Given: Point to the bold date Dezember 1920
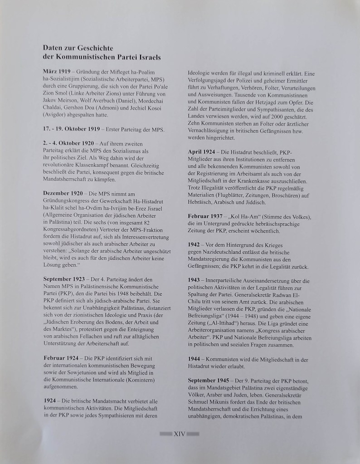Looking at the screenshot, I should (x=63, y=194).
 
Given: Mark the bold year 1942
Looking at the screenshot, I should (x=194, y=244).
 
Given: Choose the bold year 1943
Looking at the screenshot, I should (x=194, y=280).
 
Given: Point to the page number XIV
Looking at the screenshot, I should (x=180, y=434).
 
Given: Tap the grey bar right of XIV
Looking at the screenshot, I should (x=193, y=434).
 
